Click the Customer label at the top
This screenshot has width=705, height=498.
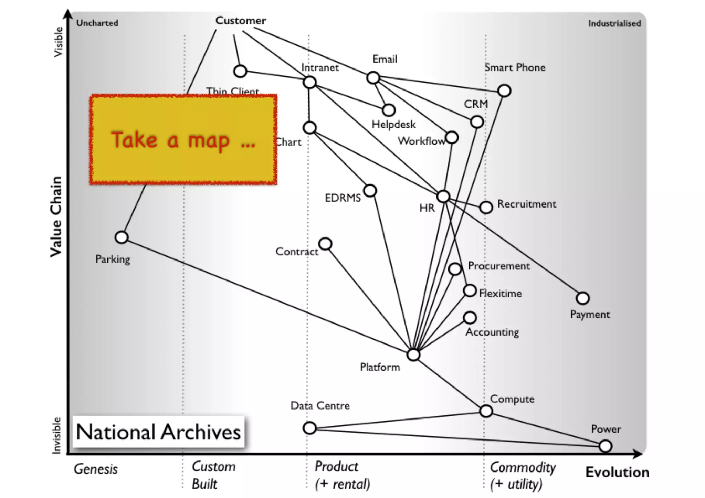(x=241, y=21)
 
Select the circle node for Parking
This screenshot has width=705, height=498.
(x=122, y=237)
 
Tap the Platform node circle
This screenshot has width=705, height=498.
(x=413, y=354)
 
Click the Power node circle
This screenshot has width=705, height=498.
(x=605, y=446)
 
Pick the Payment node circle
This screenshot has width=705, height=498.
(x=582, y=298)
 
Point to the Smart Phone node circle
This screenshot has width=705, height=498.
(x=504, y=91)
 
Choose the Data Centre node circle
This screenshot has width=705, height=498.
(x=309, y=428)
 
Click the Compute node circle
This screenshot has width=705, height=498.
(x=486, y=411)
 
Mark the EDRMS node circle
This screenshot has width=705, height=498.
(x=370, y=190)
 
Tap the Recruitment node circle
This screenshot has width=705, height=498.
(x=486, y=207)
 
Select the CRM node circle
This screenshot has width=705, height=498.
(x=477, y=121)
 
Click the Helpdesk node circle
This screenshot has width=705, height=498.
(x=389, y=110)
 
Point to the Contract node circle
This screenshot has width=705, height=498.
(x=325, y=244)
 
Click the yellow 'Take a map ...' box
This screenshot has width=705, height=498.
(x=183, y=139)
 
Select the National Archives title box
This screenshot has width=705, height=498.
(x=158, y=432)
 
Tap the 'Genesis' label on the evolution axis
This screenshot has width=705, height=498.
(x=96, y=469)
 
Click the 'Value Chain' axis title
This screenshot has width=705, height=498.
(x=56, y=217)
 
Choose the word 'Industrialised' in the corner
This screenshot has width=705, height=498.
(x=614, y=23)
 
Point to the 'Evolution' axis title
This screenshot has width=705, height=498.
(x=617, y=473)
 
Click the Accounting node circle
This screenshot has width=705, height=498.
(x=470, y=317)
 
